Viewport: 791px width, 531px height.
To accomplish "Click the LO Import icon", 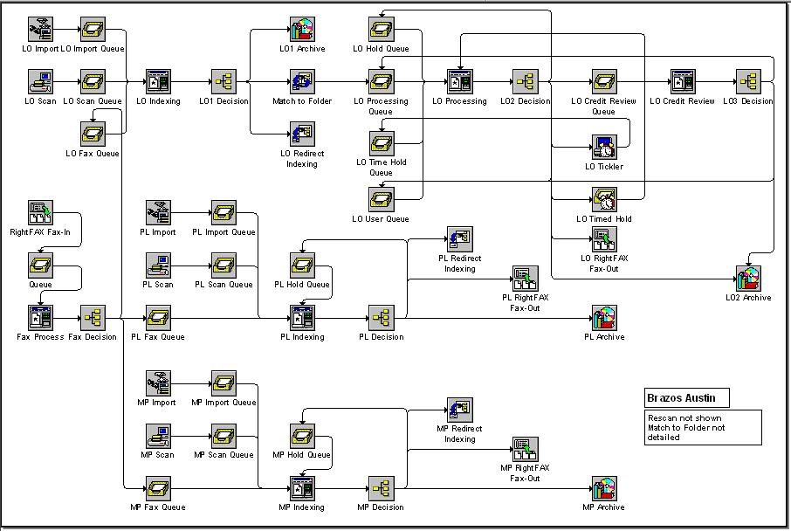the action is coord(40,30).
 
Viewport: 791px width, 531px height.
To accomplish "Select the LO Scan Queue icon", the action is coord(93,82).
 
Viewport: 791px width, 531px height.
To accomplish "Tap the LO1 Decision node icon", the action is coord(224,82).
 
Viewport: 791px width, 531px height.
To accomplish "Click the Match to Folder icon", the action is coord(302,82).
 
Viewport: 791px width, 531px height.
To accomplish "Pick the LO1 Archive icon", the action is coord(302,30).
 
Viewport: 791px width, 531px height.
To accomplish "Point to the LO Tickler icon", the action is coord(604,148).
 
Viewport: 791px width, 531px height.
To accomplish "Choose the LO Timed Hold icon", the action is coord(604,200).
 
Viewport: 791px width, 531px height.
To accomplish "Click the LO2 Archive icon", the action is coord(748,279).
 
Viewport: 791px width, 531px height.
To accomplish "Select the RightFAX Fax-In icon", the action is coord(40,213).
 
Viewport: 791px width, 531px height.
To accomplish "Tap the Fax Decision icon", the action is coord(93,318).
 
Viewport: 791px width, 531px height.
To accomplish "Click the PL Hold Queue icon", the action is coord(302,265).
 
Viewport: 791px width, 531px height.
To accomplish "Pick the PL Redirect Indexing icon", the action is coord(459,239).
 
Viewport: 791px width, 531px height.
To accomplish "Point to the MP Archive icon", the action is coord(604,488).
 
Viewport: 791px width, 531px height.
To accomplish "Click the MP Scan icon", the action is coord(158,436).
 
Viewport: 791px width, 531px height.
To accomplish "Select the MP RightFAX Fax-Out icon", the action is coord(525,449).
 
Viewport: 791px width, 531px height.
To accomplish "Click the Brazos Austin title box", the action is coord(686,397).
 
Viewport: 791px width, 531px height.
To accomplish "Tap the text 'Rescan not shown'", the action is coord(684,418).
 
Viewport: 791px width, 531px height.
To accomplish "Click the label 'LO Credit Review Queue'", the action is coord(603,106).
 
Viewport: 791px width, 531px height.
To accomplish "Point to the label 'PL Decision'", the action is coord(381,336).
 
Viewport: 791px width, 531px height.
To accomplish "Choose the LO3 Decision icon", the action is coord(748,82).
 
